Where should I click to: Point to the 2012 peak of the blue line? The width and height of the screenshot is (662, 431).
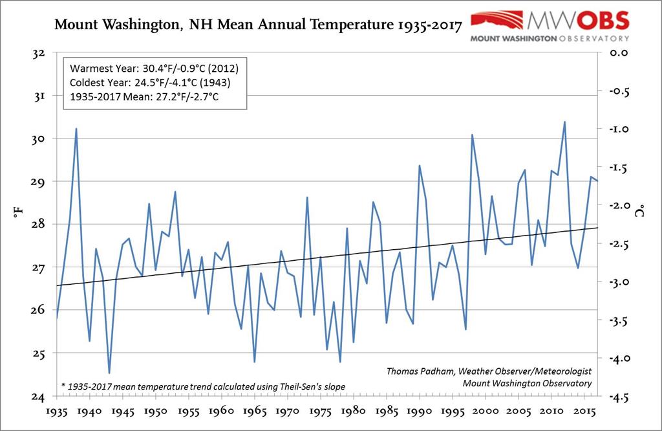564,122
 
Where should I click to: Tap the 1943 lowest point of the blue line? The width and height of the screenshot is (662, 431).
109,373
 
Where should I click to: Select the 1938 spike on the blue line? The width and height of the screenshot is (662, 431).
76,129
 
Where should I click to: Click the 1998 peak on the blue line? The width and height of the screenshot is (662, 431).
472,135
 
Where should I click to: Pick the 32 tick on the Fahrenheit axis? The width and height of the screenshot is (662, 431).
36,52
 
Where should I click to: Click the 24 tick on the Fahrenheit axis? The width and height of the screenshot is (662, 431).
36,396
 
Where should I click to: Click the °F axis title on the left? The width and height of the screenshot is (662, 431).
18,225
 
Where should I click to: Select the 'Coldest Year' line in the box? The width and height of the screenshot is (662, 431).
149,83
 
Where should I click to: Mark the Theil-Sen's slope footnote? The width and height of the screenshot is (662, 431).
204,386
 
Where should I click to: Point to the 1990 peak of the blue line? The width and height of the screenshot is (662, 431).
420,166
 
